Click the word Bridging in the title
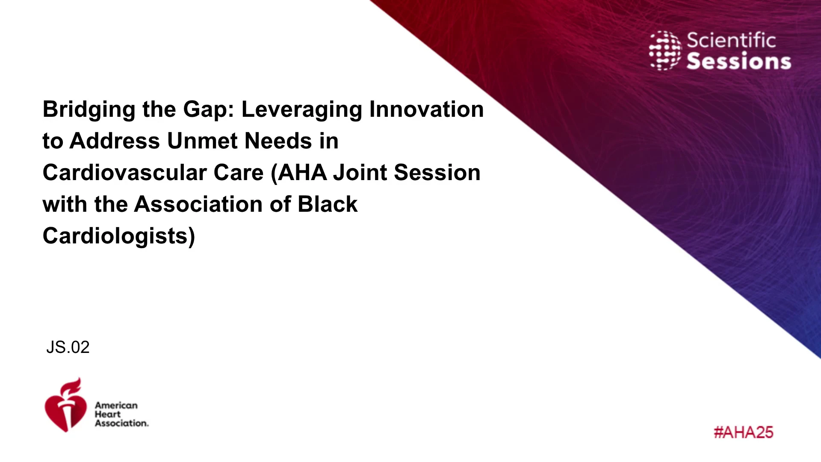tap(89, 110)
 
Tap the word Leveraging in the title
tap(302, 110)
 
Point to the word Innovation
tap(426, 109)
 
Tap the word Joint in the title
tap(360, 173)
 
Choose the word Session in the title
tap(437, 172)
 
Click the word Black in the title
tap(328, 204)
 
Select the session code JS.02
tap(68, 347)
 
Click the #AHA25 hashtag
tap(744, 432)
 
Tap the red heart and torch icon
tap(65, 405)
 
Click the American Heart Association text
tap(121, 414)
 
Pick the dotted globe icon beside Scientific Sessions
tap(665, 50)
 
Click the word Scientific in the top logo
tap(731, 41)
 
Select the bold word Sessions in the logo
tap(739, 61)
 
